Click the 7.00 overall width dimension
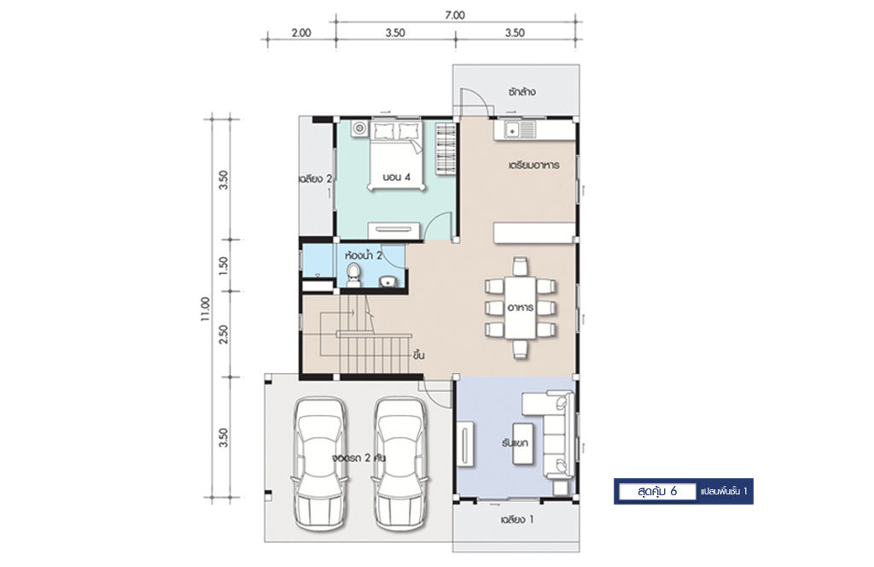tap(455, 15)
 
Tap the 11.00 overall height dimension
tap(206, 309)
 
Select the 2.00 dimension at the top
tap(301, 33)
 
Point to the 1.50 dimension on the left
tap(224, 264)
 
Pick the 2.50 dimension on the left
tap(224, 334)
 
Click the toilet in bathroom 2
tap(353, 276)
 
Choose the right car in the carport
tap(400, 464)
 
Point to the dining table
tap(521, 307)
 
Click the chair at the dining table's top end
tap(520, 266)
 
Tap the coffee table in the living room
tap(522, 443)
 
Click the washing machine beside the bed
tap(359, 129)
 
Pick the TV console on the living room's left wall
tap(465, 444)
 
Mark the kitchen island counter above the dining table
tap(534, 232)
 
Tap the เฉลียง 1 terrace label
tap(517, 520)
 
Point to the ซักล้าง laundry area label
tap(521, 91)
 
